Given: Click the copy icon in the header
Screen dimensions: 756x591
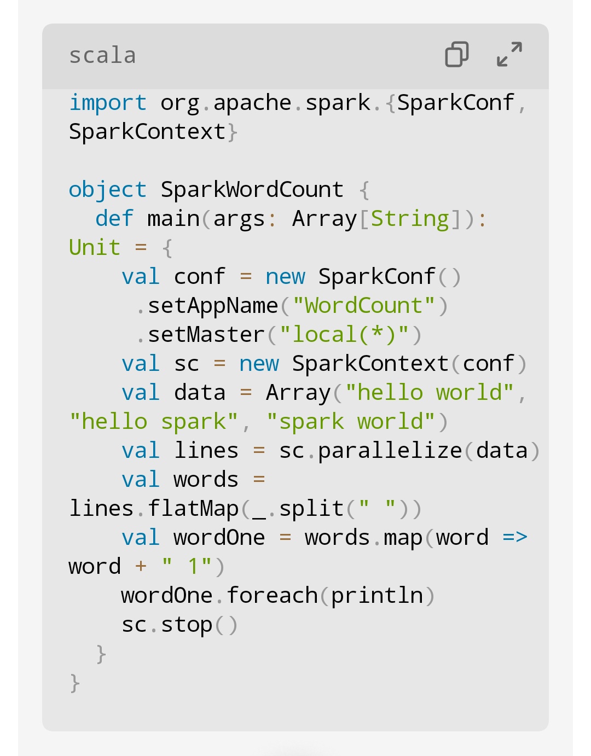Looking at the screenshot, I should coord(457,55).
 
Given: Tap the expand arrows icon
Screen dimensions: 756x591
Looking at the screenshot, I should coord(509,55).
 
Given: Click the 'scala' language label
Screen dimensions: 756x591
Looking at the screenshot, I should coord(102,56).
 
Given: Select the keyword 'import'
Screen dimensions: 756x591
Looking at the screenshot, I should coord(108,103).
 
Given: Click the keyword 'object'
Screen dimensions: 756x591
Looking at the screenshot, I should coord(108,190).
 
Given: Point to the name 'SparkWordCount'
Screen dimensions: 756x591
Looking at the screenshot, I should coord(252,190).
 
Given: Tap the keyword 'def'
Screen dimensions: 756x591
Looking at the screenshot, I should coord(114,219).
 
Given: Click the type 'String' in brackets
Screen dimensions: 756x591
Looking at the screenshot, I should coord(410,219).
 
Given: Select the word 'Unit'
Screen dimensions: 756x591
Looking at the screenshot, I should coord(95,248).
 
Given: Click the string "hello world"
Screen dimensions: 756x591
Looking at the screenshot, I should coord(429,393).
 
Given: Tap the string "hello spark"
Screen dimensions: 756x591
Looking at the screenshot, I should coord(153,422).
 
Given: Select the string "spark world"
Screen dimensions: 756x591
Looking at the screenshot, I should coord(350,422).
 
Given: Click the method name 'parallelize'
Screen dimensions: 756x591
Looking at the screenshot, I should coord(390,451).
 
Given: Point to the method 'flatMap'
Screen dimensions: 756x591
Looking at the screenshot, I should coord(193,509).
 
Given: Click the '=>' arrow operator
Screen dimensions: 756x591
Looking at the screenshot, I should coord(515,538).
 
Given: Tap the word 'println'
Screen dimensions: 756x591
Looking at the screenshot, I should coord(377,596).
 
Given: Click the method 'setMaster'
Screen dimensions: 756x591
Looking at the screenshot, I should coord(206,335).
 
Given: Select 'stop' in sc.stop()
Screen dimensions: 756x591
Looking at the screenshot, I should coord(187,625).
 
